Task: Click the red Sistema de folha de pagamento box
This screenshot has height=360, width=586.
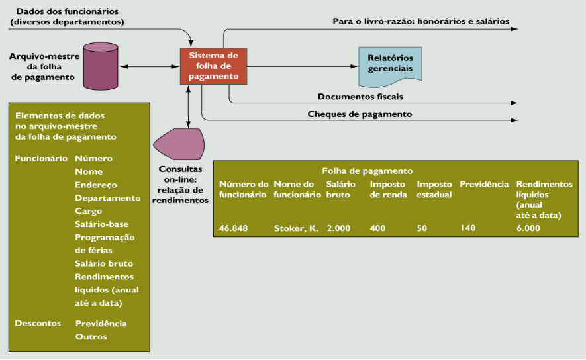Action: point(213,66)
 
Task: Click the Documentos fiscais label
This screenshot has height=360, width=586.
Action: point(360,97)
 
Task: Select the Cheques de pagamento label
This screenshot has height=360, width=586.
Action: point(360,114)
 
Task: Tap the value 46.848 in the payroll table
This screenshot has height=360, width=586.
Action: point(236,228)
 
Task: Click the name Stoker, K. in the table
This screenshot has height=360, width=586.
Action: point(296,228)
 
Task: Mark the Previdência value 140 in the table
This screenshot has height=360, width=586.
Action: point(468,228)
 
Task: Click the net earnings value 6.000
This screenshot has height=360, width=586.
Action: point(528,228)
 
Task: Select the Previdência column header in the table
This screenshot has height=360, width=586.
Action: point(484,184)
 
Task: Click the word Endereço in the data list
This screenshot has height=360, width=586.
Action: point(96,185)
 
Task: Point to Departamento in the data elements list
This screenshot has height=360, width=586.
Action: point(108,198)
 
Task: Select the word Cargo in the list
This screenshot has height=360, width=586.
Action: point(89,211)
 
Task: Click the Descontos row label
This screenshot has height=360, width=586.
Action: point(38,324)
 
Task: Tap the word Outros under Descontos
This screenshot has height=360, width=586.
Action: point(91,337)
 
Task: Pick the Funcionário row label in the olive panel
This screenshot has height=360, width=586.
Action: point(41,159)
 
